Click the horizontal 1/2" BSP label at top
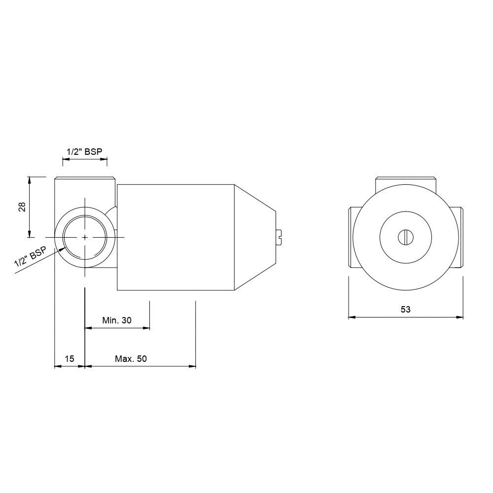click(x=84, y=152)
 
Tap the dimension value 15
click(x=69, y=359)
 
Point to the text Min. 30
click(x=117, y=320)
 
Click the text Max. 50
click(x=131, y=359)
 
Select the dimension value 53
click(x=405, y=310)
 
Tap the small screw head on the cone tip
click(x=279, y=237)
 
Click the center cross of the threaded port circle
click(x=85, y=238)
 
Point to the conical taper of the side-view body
click(x=254, y=237)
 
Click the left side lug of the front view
click(x=352, y=237)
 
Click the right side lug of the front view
click(x=458, y=237)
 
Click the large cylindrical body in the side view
click(x=175, y=237)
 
